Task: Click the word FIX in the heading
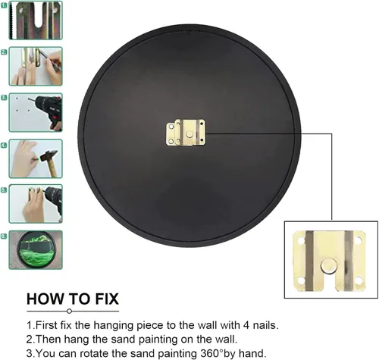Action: (107, 299)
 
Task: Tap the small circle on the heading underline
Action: (70, 311)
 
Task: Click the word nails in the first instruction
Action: (265, 325)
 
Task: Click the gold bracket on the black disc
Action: (186, 133)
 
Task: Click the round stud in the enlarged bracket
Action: (329, 267)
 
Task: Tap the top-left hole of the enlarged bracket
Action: (301, 240)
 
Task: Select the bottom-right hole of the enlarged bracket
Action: (359, 280)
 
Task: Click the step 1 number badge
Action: (4, 5)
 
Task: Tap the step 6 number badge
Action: (4, 236)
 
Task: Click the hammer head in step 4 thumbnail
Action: (49, 155)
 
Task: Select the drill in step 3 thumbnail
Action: (48, 111)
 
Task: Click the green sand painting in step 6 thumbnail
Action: (36, 249)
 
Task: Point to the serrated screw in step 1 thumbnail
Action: (11, 20)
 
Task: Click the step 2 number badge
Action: (4, 52)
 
